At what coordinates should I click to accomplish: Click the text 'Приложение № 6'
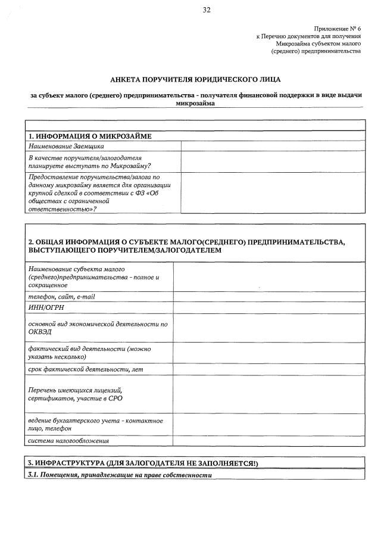337,29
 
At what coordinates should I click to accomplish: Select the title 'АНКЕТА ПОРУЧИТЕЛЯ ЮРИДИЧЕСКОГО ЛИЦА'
195,79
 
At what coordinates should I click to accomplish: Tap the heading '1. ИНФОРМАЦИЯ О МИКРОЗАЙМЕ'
90,136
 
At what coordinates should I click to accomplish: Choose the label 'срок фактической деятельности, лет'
86,369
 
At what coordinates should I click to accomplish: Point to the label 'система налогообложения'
68,441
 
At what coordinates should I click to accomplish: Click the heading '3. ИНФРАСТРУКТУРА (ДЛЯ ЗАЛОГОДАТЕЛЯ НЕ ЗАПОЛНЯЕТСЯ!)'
143,463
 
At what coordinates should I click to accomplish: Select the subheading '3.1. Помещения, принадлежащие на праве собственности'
120,475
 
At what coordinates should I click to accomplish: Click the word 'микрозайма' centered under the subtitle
195,103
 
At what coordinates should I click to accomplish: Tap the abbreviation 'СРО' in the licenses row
115,398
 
